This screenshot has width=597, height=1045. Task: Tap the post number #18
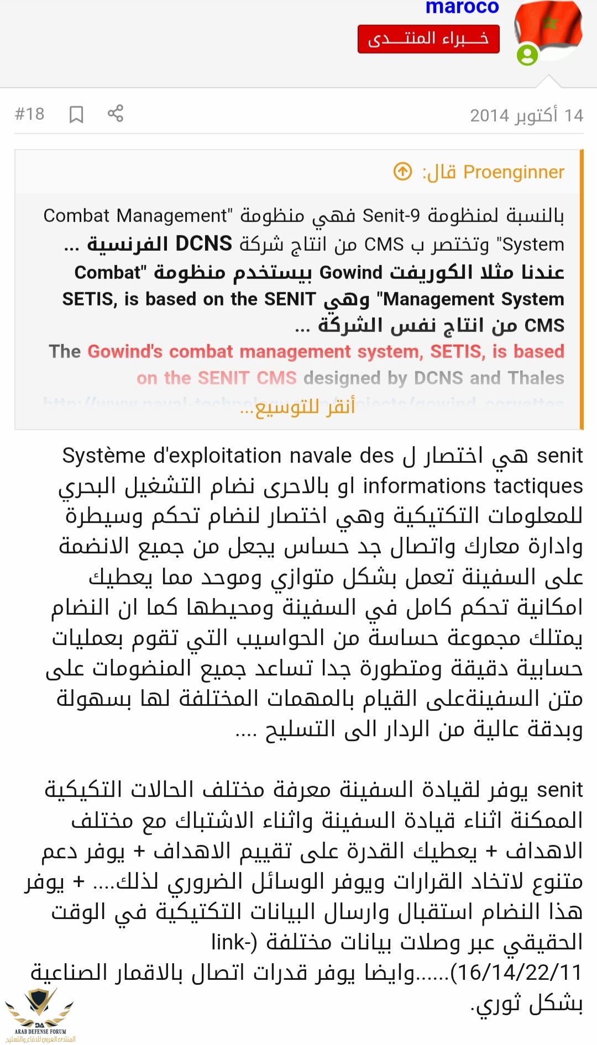click(x=29, y=114)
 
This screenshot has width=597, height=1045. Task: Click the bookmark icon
click(x=76, y=114)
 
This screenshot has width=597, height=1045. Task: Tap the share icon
click(x=116, y=113)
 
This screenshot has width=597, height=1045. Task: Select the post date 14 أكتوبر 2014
click(x=526, y=115)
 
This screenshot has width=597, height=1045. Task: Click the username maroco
click(x=462, y=7)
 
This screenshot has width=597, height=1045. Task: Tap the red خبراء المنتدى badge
click(x=428, y=39)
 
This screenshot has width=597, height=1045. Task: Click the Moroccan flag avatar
click(x=548, y=28)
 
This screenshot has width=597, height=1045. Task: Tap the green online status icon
click(x=527, y=55)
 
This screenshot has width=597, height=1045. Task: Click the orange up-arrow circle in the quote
click(x=402, y=172)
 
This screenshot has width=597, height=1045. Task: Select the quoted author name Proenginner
click(x=514, y=172)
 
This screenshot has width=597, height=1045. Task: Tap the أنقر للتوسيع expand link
click(x=298, y=407)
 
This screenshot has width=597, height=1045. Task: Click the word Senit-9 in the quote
click(x=391, y=215)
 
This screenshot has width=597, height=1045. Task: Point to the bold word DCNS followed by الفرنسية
click(x=203, y=244)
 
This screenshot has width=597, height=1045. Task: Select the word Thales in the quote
click(x=536, y=378)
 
